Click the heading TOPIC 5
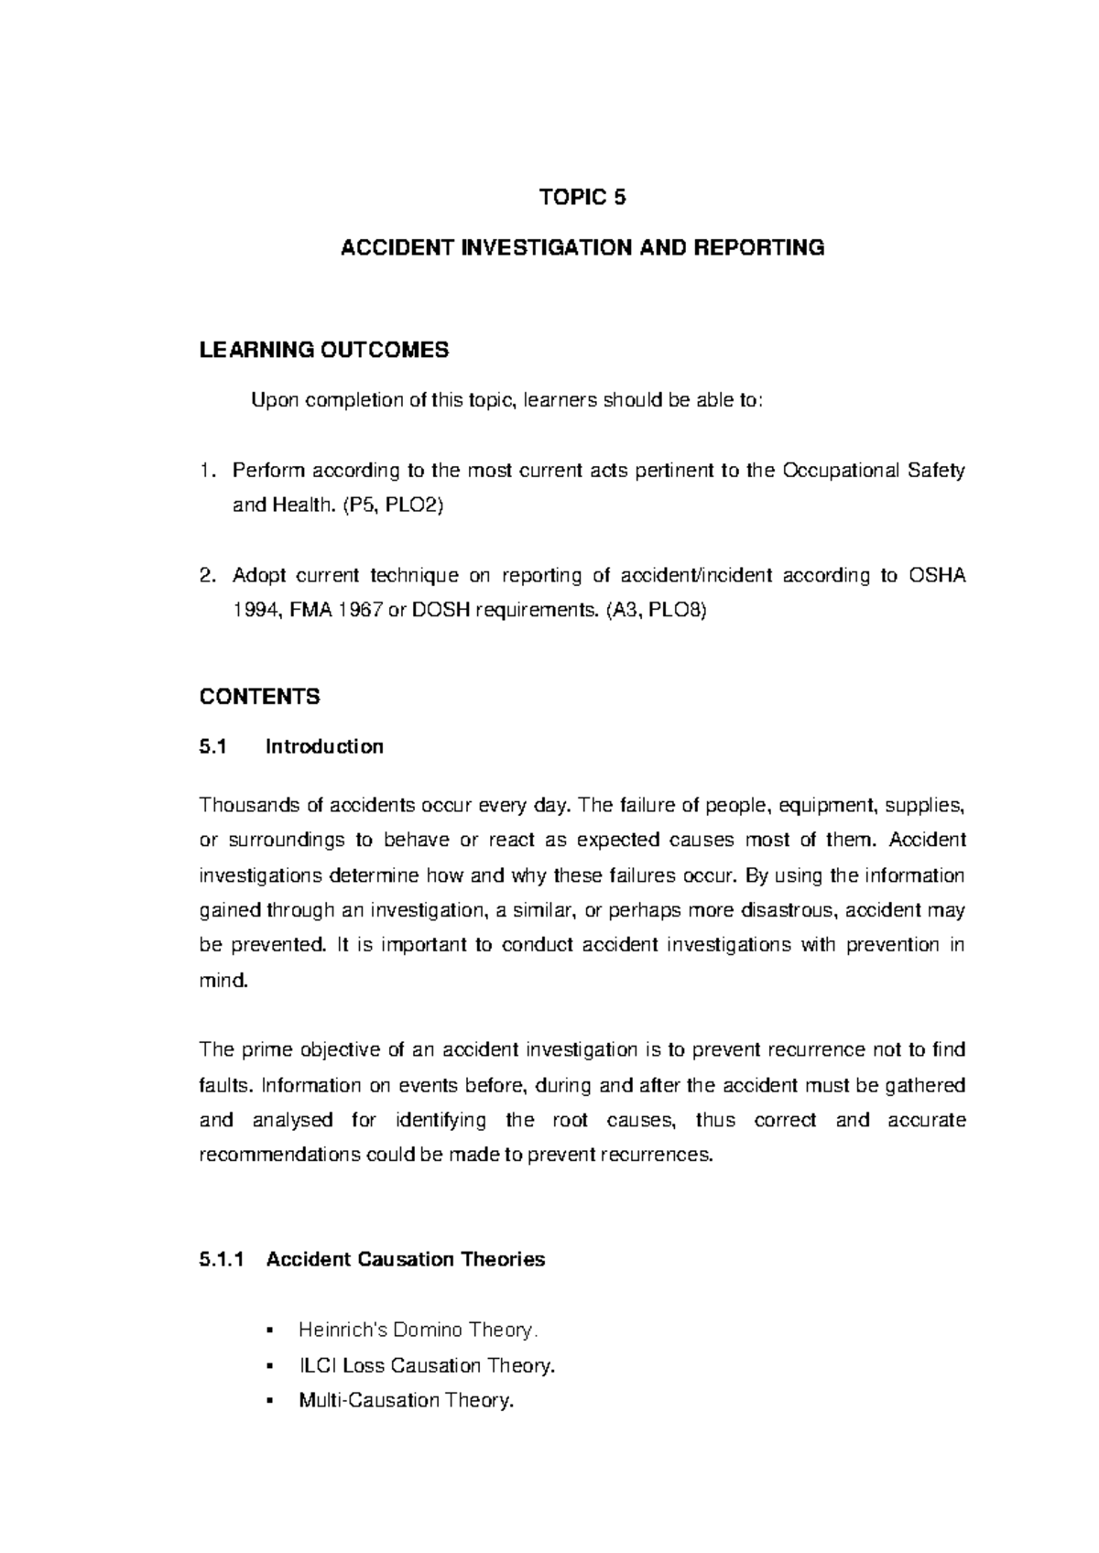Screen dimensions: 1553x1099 (x=582, y=198)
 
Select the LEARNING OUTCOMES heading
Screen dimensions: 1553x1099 (x=324, y=350)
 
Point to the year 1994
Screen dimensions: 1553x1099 (x=253, y=611)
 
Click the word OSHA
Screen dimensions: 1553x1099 (x=937, y=576)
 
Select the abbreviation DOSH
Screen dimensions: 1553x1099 (x=441, y=611)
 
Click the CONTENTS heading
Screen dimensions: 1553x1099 (x=259, y=697)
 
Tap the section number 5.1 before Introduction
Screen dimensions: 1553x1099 (x=212, y=747)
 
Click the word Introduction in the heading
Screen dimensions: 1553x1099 (x=324, y=747)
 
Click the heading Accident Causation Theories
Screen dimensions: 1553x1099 (x=405, y=1260)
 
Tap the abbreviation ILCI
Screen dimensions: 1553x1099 (x=317, y=1365)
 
